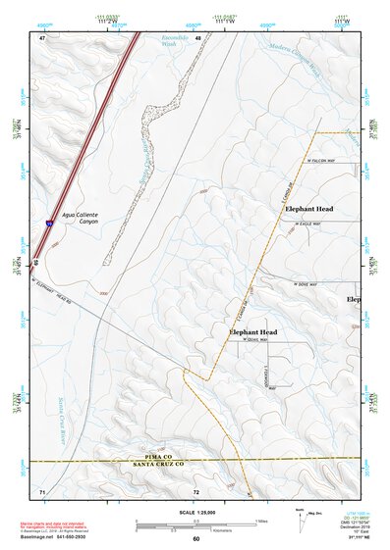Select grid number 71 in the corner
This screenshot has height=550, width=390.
click(x=42, y=489)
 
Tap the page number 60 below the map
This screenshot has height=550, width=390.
click(x=195, y=538)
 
